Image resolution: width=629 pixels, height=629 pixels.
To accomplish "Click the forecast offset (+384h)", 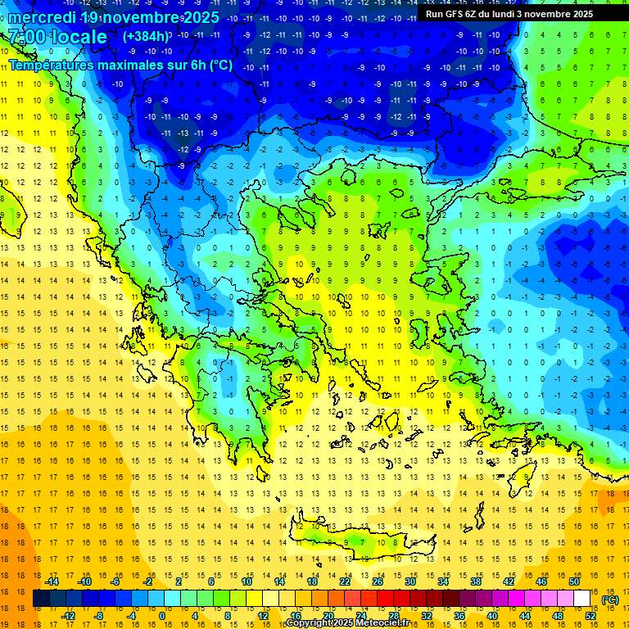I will pyautogui.click(x=147, y=37).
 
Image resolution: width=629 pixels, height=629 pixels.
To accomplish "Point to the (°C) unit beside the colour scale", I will pyautogui.click(x=610, y=600).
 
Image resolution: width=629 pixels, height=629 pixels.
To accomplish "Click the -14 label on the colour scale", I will pyautogui.click(x=52, y=581).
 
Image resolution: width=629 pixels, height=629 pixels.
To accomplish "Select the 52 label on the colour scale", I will pyautogui.click(x=591, y=616).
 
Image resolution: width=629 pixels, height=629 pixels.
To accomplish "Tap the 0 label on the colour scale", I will pyautogui.click(x=161, y=616).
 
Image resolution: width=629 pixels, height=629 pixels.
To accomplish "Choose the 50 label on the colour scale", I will pyautogui.click(x=573, y=581).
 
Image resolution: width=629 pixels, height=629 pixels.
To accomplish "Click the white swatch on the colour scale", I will pyautogui.click(x=582, y=599).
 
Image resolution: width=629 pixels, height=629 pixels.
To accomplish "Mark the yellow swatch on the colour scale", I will pyautogui.click(x=255, y=599).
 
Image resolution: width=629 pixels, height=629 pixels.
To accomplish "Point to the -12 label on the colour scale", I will pyautogui.click(x=68, y=616).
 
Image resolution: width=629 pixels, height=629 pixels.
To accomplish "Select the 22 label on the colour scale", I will pyautogui.click(x=345, y=581).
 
